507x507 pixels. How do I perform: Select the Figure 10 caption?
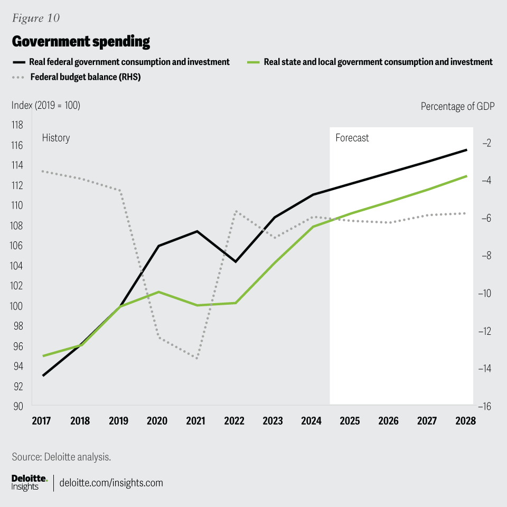tap(35, 18)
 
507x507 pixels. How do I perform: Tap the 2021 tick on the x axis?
tap(196, 421)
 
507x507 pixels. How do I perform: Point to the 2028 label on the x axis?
tap(466, 421)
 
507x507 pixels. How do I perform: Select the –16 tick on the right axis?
tap(485, 406)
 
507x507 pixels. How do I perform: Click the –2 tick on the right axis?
tap(486, 143)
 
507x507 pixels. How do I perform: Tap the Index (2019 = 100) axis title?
tap(46, 106)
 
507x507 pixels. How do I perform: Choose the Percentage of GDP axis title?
tap(457, 106)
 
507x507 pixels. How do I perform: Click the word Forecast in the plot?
tap(352, 138)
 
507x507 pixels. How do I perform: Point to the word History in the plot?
tap(55, 138)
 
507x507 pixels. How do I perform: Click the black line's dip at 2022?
tap(236, 261)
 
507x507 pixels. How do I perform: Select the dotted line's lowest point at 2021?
tap(197, 359)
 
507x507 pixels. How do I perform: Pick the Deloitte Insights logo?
tap(29, 482)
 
